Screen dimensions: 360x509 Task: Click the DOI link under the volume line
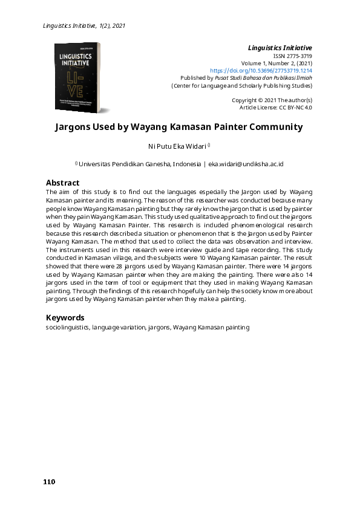point(270,71)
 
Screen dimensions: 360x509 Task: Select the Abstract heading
point(62,183)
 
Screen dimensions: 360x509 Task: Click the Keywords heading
point(65,317)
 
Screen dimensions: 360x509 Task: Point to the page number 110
point(49,482)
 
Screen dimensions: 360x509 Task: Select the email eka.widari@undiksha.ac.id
point(246,164)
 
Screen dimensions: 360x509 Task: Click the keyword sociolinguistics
point(68,327)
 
